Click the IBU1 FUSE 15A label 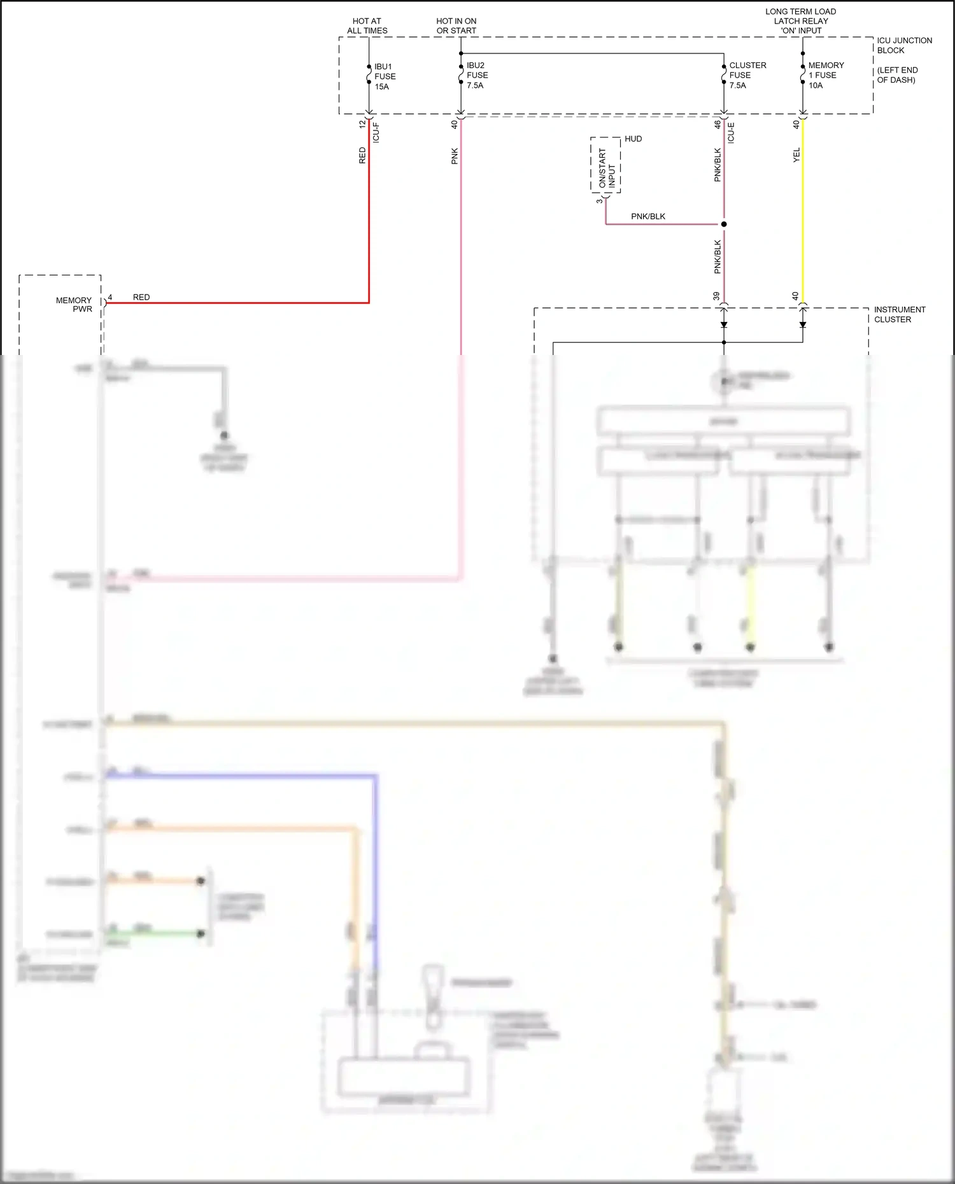(385, 76)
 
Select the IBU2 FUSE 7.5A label (476, 75)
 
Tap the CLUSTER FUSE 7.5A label (747, 75)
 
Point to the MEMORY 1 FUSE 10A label (825, 75)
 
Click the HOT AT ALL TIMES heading (367, 25)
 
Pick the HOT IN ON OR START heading (456, 25)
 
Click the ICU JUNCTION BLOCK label (903, 45)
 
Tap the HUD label (633, 139)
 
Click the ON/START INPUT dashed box (605, 165)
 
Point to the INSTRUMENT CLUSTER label (899, 314)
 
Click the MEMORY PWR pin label (74, 304)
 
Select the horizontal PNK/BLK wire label (647, 216)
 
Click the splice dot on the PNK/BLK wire (724, 224)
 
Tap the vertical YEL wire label (796, 155)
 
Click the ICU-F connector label (376, 132)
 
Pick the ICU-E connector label (730, 132)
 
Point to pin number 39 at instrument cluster (716, 296)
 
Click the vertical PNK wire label (455, 156)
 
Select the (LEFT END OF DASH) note (896, 75)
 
